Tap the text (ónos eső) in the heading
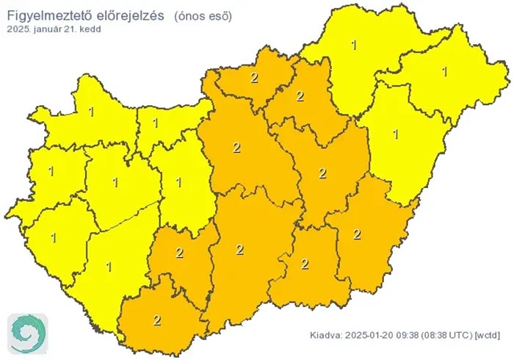coord(203,15)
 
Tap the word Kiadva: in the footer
coord(325,335)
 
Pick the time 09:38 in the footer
coord(407,335)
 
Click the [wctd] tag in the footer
coord(488,335)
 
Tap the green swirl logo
coord(28,332)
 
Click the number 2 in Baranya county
coord(156,320)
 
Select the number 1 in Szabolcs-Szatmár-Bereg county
coord(444,71)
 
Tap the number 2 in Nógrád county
coord(254,78)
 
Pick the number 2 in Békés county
coord(357,234)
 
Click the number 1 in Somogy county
coord(109,266)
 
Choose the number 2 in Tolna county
coord(180,253)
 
